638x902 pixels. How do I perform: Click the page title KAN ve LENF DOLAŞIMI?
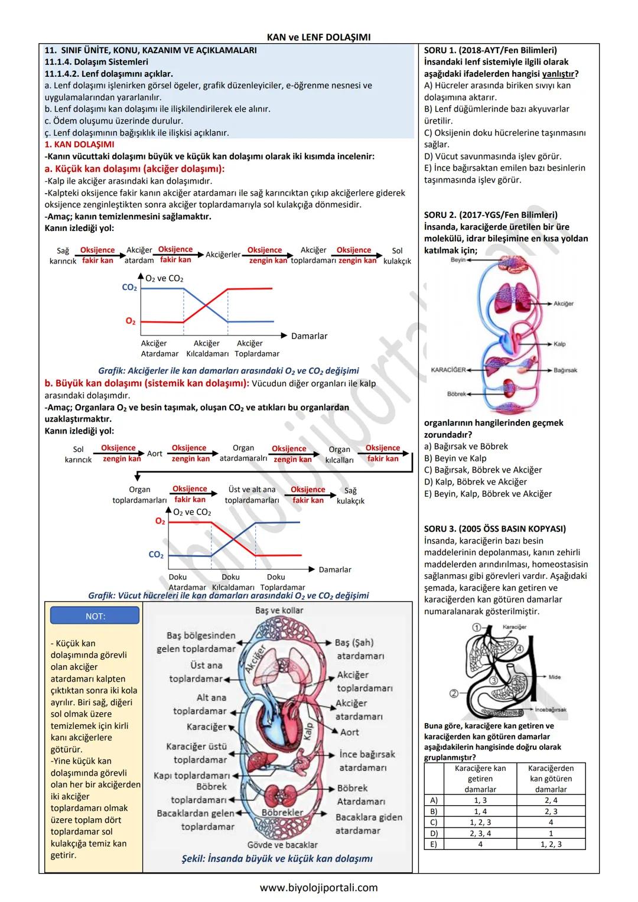[318, 37]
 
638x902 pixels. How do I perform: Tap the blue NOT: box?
[95, 616]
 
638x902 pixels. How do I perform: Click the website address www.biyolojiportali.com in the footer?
[318, 887]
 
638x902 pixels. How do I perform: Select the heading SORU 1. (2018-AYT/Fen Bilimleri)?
[490, 50]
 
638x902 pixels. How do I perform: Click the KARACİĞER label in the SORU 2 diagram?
[448, 370]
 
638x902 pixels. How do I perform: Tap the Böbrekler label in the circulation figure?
[282, 812]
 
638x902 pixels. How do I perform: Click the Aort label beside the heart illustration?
[349, 732]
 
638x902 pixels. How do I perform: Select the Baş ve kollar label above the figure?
[279, 610]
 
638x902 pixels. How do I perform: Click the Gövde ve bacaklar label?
[282, 845]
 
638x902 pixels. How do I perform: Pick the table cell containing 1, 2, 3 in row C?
[480, 822]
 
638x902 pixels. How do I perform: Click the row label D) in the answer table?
[434, 833]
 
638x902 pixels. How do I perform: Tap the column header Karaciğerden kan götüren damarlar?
[551, 779]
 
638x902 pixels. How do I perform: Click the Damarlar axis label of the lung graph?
[309, 336]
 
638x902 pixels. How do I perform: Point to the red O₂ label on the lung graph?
[130, 321]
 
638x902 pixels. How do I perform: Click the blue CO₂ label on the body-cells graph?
[156, 555]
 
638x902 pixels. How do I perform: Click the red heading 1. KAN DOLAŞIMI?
[80, 144]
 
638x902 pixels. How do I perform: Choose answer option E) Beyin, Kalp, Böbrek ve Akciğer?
[488, 493]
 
